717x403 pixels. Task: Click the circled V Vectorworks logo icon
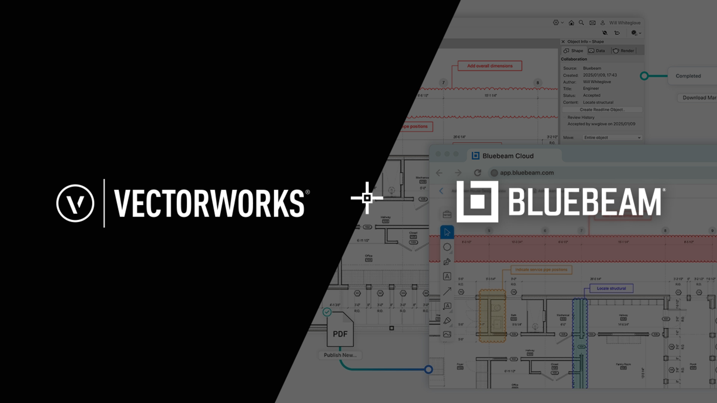(75, 203)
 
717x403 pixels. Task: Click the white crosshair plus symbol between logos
(367, 198)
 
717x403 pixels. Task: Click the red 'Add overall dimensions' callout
(490, 66)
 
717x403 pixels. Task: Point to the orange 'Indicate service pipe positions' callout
(541, 269)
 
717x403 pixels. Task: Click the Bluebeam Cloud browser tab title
(508, 156)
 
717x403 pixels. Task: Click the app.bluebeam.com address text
(527, 173)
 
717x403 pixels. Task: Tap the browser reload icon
(478, 173)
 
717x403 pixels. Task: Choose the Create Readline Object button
(602, 110)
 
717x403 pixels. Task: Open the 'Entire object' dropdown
(612, 137)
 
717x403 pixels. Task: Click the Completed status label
(688, 76)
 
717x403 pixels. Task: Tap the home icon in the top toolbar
(571, 23)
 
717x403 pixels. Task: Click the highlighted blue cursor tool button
(447, 232)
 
